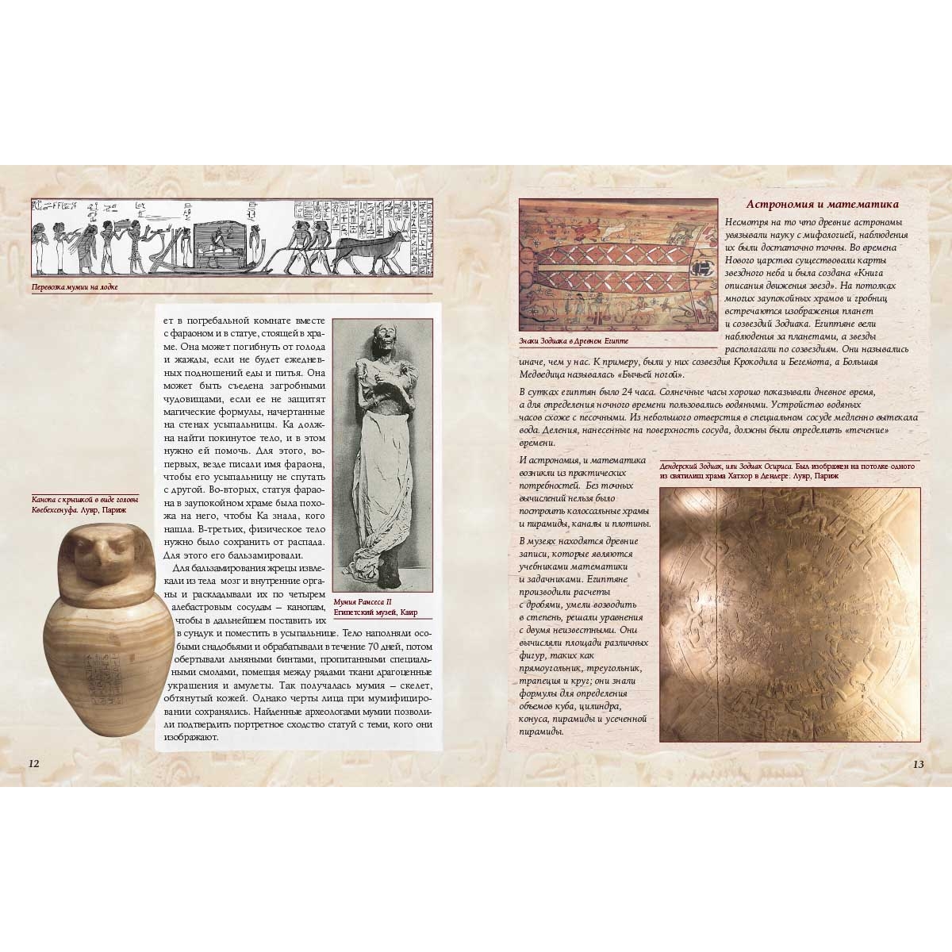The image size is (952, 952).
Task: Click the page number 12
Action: [33, 763]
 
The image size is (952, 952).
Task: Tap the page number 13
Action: [918, 764]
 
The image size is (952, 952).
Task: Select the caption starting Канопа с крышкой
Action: [85, 505]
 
